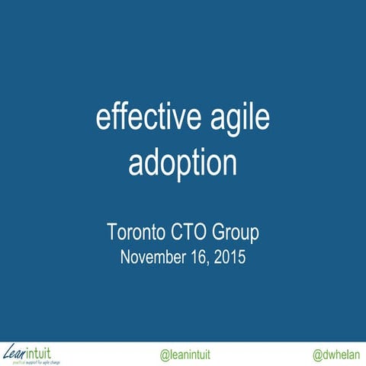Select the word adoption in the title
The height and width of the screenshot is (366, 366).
pos(183,162)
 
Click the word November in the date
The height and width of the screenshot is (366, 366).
pos(152,256)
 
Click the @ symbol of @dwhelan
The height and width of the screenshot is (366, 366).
pos(318,355)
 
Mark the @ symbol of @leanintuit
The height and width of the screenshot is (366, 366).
pos(164,355)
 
